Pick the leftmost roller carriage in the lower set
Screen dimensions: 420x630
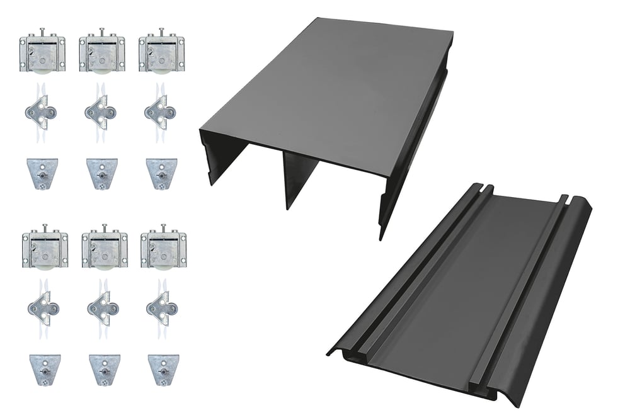(45, 250)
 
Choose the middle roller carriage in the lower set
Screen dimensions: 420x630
(105, 250)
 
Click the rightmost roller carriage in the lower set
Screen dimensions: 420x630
(164, 250)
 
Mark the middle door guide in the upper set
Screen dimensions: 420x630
(100, 113)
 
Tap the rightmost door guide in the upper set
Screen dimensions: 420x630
(160, 113)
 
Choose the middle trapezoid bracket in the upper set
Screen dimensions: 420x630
(100, 173)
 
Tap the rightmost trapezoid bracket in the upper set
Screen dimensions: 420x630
(160, 173)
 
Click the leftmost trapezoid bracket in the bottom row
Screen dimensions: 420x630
(43, 368)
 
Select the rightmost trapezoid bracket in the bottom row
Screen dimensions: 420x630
(163, 368)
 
